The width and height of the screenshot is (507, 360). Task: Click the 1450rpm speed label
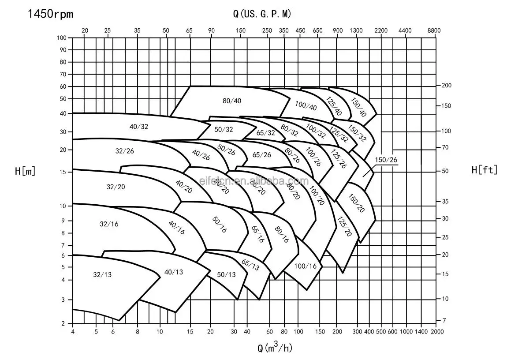coord(51,14)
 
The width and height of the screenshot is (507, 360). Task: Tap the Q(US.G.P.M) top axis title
coord(262,14)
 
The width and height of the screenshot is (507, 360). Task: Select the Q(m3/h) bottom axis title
coord(275,348)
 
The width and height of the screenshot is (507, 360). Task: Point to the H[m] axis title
coord(25,171)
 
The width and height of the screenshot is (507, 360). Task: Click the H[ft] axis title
coord(484,170)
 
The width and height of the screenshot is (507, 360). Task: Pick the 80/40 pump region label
coord(232,101)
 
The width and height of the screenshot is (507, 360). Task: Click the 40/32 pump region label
coord(139,127)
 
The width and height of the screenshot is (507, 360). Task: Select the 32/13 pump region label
coord(102,274)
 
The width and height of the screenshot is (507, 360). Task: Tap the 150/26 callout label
coord(386,160)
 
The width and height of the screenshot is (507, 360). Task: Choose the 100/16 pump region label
coord(306,266)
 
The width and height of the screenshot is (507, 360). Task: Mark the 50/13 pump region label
coord(227,274)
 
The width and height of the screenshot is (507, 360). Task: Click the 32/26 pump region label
coord(125,151)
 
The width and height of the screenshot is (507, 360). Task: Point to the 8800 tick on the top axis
coord(434,30)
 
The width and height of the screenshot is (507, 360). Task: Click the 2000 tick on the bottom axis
coord(436,331)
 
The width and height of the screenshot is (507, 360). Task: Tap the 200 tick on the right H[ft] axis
coord(447,86)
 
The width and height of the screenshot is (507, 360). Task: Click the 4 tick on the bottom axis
coord(72,331)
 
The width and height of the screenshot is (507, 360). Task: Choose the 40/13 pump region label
coord(173,272)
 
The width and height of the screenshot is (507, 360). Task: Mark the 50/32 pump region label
coord(224,130)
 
